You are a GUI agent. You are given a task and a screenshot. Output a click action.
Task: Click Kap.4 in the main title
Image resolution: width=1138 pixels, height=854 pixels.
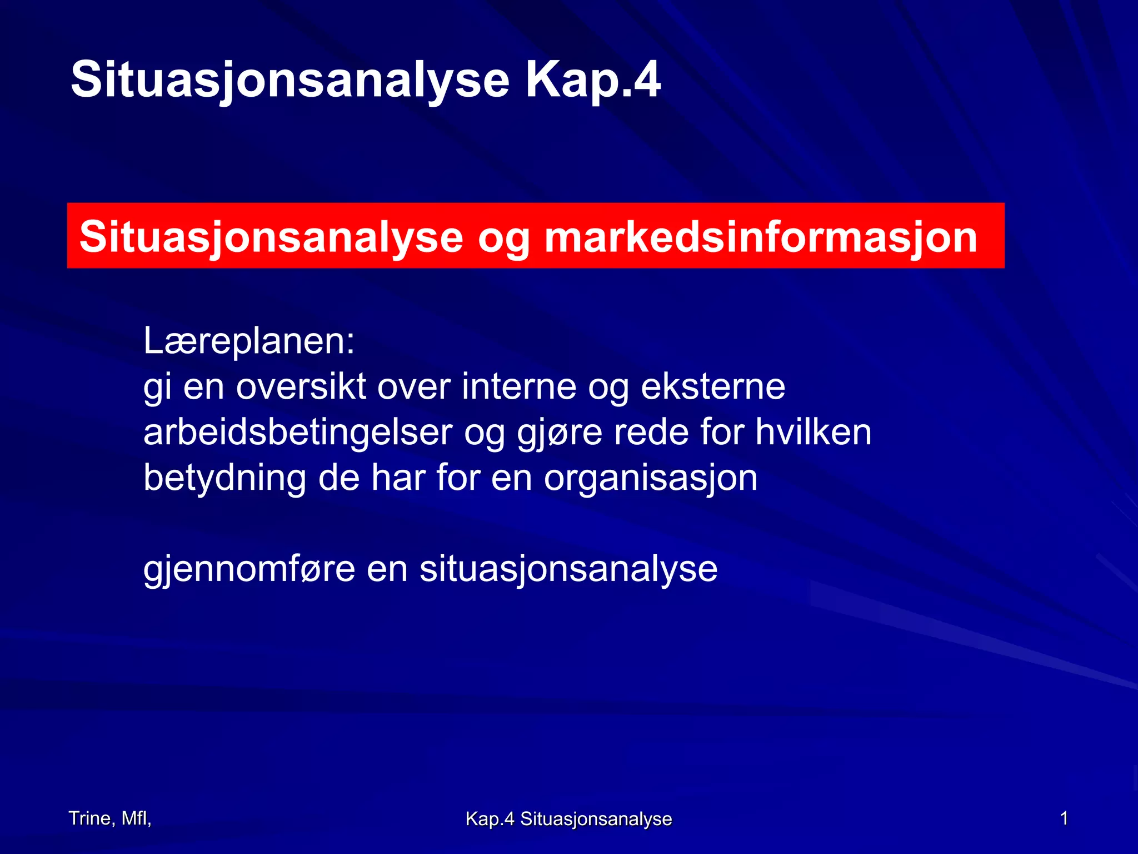click(x=593, y=81)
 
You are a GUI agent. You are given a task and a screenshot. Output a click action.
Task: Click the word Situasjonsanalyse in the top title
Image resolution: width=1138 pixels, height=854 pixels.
click(x=290, y=81)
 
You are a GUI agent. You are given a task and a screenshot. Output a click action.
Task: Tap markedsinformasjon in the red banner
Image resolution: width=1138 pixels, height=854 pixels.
click(x=761, y=237)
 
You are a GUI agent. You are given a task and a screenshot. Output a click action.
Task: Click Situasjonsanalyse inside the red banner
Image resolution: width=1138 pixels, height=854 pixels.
click(x=271, y=237)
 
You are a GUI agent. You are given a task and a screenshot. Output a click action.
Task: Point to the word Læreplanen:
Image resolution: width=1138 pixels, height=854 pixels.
click(x=249, y=341)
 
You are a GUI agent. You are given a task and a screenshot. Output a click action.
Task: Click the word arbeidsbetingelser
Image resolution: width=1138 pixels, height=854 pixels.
click(x=298, y=433)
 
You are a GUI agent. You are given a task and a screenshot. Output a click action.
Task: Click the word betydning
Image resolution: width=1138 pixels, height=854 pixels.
click(x=224, y=478)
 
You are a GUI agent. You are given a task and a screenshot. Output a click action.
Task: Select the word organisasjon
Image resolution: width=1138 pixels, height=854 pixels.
click(x=650, y=479)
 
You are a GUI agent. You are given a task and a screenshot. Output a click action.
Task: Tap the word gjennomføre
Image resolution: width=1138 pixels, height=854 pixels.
click(x=249, y=570)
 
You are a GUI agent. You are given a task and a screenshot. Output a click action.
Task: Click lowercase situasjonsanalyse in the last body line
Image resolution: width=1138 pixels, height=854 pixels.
click(x=568, y=570)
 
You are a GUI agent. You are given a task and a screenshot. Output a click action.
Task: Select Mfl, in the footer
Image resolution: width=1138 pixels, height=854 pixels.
click(x=137, y=818)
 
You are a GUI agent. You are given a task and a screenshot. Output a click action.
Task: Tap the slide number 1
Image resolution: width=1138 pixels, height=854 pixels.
click(x=1064, y=818)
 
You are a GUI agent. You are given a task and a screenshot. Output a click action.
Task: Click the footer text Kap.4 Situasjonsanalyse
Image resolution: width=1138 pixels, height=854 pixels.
click(x=568, y=819)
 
